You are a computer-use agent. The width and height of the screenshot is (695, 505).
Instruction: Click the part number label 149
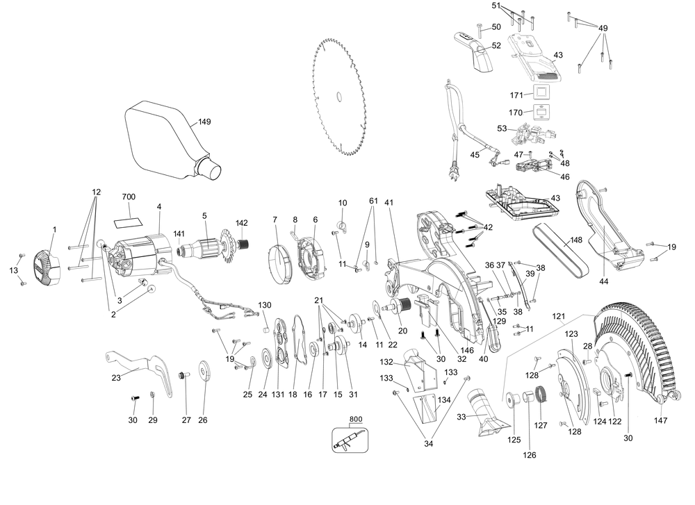(184, 122)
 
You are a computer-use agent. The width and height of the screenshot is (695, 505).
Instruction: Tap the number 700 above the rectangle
(129, 197)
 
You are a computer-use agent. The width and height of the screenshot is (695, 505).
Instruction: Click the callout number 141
(179, 233)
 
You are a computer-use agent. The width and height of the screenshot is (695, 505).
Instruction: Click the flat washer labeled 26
(204, 370)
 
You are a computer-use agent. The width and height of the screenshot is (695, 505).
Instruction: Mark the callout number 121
(559, 316)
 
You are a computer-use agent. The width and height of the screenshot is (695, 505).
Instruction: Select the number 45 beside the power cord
(475, 155)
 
